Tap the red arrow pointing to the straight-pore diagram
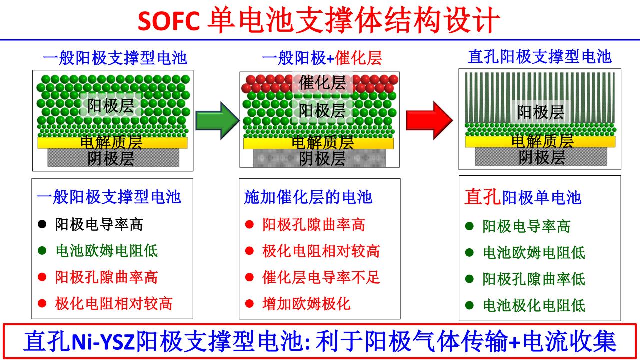click(428, 119)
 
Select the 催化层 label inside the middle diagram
click(322, 82)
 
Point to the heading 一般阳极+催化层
click(322, 58)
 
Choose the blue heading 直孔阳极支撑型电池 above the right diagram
click(540, 56)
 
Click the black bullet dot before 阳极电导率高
click(42, 224)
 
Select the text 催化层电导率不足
click(321, 277)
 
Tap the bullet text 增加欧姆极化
click(306, 303)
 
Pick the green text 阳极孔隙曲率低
click(534, 279)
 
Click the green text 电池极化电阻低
click(534, 305)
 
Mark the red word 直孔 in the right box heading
click(482, 197)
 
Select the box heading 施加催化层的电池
click(308, 197)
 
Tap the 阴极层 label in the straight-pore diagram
click(542, 157)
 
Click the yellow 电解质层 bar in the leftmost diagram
click(112, 143)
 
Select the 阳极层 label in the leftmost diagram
click(111, 106)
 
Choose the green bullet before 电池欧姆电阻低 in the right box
click(469, 252)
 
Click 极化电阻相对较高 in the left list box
click(114, 303)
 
